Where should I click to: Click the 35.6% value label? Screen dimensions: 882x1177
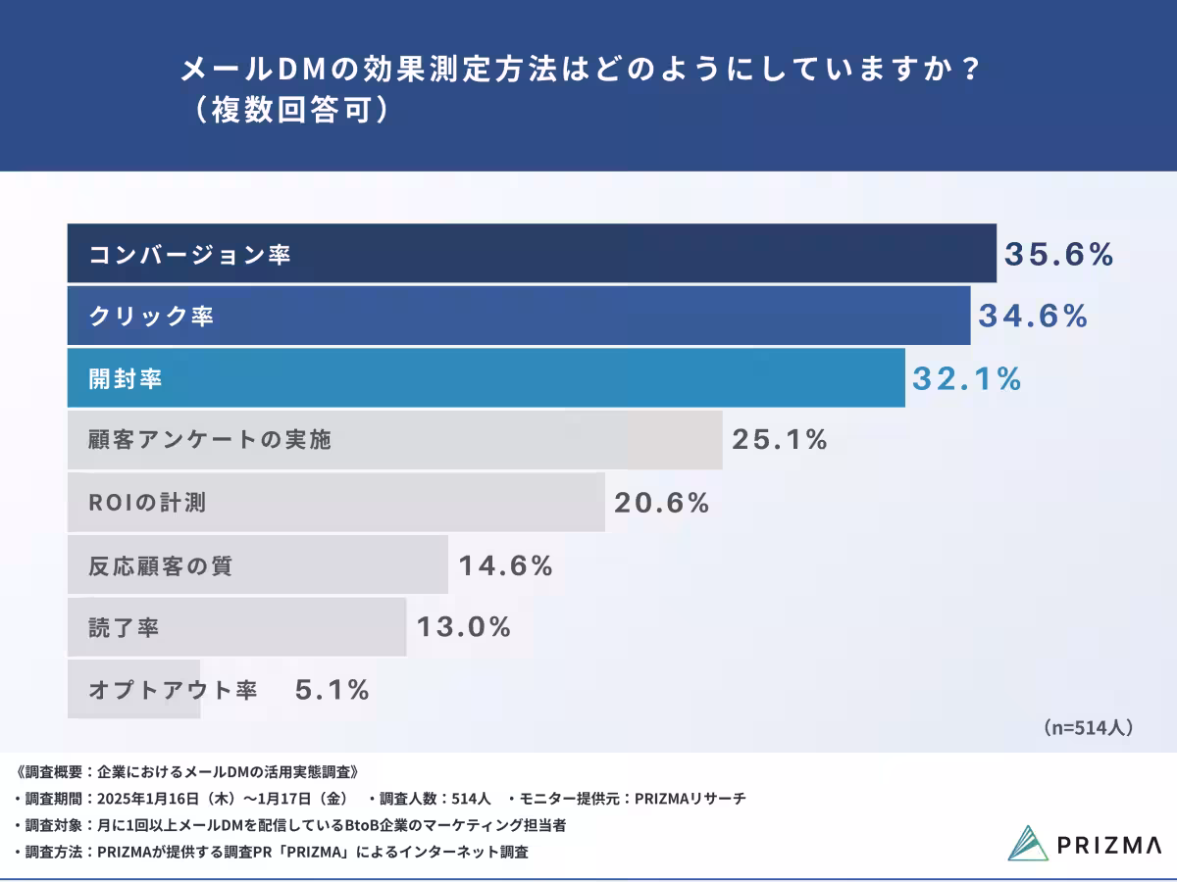[1059, 255]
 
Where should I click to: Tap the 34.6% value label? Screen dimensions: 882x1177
[1033, 317]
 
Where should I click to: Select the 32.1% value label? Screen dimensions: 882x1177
[967, 379]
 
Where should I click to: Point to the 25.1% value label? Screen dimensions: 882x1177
[780, 440]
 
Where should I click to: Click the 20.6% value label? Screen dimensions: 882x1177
[662, 504]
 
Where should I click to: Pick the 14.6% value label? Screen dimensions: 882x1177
[506, 565]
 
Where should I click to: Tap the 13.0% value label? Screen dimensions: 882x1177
[464, 627]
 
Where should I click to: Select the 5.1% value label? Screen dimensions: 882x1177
[333, 690]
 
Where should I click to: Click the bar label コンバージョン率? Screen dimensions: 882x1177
[189, 256]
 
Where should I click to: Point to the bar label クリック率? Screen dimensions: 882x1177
[151, 318]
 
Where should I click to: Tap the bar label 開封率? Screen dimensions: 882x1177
[126, 380]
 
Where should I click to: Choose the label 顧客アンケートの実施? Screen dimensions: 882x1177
[210, 440]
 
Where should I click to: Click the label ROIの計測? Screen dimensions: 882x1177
[147, 504]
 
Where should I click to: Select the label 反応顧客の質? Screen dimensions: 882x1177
[161, 566]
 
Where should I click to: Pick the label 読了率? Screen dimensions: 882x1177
[124, 628]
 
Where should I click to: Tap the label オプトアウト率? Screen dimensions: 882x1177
[173, 691]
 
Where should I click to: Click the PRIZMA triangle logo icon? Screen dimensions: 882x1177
[1028, 844]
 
